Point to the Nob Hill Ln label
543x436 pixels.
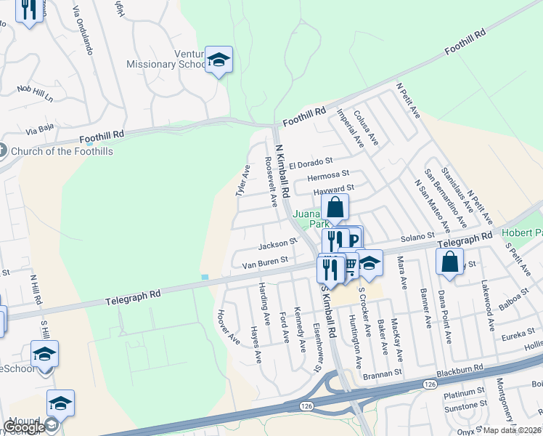tap(36, 92)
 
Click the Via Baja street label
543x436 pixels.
tap(41, 129)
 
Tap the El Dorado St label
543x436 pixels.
tap(310, 163)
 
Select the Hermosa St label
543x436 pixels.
tap(328, 176)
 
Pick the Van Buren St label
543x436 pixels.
tap(265, 259)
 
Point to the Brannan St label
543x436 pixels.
tap(383, 373)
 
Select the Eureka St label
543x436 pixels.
tap(517, 336)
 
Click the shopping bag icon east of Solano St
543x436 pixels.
tap(449, 261)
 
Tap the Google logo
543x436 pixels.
tap(24, 427)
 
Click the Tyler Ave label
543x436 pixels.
tap(242, 181)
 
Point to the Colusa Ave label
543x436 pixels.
tap(367, 128)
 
